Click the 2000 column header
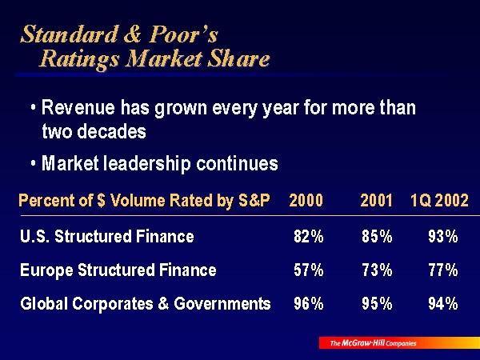(x=306, y=201)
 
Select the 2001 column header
(x=376, y=201)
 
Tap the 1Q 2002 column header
(x=439, y=201)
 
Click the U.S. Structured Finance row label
(x=107, y=237)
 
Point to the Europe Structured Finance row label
(x=118, y=270)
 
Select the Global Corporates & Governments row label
(x=145, y=304)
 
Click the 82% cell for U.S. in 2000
(x=309, y=237)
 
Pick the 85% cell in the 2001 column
(x=377, y=237)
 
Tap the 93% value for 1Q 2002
(x=442, y=237)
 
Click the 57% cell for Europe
(x=309, y=270)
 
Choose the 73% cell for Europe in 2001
(x=377, y=270)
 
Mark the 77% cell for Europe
(x=442, y=270)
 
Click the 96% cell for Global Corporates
(x=309, y=304)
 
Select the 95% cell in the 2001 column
(x=377, y=304)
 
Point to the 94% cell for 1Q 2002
(x=442, y=304)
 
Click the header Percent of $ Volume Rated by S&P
(x=144, y=201)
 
